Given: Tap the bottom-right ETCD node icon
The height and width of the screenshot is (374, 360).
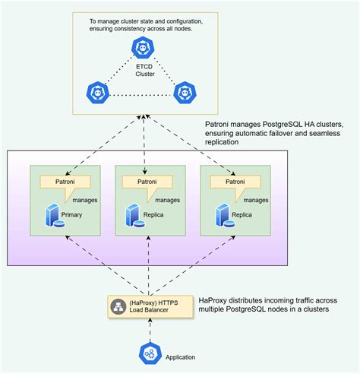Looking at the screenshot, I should click(183, 93).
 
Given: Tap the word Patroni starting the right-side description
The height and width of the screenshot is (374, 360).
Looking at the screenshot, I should click(221, 124).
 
